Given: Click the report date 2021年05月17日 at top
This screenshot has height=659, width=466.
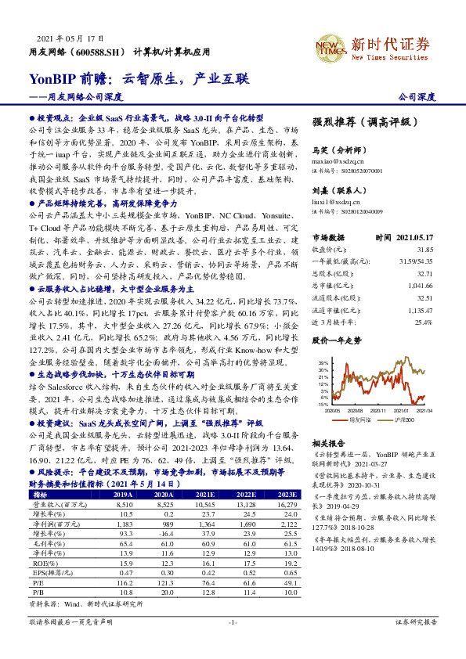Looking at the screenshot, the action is tap(70, 38).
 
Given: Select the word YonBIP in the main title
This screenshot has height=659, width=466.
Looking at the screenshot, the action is tap(52, 78).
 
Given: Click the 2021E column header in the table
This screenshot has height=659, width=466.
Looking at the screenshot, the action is tap(205, 473).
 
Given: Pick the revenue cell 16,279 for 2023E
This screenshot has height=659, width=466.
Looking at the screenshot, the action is tap(287, 483).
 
